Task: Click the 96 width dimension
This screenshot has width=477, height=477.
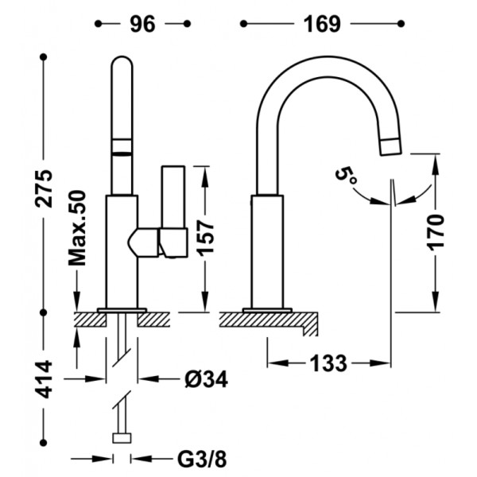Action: (142, 24)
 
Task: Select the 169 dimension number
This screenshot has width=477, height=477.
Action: (322, 24)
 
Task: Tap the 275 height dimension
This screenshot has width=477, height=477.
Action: (44, 188)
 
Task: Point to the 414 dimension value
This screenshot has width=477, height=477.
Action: (44, 379)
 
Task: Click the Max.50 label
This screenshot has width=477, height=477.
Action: (77, 228)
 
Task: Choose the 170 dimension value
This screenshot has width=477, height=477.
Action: (436, 232)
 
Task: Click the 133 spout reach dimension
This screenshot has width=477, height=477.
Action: (328, 363)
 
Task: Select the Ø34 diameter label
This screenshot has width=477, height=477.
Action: (206, 379)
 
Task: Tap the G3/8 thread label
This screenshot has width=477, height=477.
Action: (202, 459)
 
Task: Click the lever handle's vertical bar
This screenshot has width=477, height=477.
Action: (173, 197)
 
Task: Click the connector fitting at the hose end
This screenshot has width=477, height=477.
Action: (122, 438)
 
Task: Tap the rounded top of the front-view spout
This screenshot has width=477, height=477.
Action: (122, 62)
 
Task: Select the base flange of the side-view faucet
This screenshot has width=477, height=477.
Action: (267, 310)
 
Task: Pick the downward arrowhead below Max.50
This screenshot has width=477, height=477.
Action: (77, 301)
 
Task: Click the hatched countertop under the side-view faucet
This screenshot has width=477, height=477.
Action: (269, 321)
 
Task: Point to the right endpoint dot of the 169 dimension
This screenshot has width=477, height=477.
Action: (401, 23)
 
